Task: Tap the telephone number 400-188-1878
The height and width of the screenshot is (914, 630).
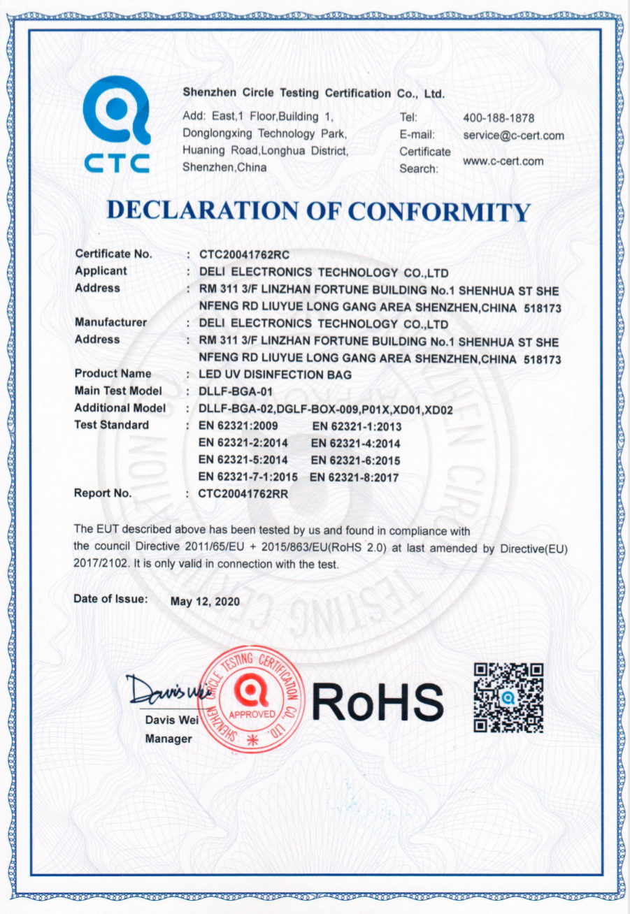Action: coord(499,118)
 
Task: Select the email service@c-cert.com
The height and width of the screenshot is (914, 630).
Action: coord(513,136)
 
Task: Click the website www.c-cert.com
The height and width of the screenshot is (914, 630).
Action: coord(503,161)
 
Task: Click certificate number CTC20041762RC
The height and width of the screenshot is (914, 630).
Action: coord(244,255)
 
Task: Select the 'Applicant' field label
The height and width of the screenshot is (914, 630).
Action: coord(101,271)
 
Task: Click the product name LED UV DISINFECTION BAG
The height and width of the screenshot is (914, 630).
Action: coord(275,375)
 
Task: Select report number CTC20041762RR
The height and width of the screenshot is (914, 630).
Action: coord(244,494)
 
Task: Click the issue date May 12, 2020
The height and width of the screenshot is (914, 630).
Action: coord(205,601)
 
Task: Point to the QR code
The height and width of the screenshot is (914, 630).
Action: coord(508,697)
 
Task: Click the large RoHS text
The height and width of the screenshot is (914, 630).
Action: coord(378,700)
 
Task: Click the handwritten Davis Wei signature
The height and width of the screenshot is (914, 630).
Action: coord(166,691)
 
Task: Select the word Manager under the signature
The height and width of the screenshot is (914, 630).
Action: coord(168,739)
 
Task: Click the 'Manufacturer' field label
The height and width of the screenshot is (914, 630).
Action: coord(110,323)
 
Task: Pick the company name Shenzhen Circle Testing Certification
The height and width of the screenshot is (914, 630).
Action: coord(313,93)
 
